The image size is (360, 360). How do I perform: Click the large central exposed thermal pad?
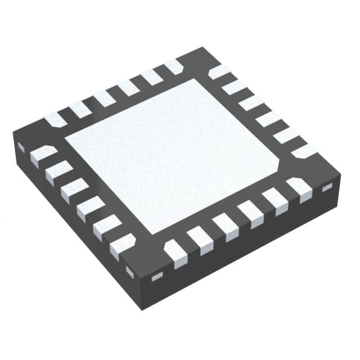coord(172,155)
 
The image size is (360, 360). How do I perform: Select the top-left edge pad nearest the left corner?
coord(55,119)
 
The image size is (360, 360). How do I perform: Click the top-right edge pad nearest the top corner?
coord(218,72)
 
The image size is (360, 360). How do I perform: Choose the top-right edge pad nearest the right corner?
coord(304,151)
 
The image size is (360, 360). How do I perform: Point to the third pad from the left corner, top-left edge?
coord(104,98)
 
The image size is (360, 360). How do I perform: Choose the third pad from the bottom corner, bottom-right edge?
coord(226,225)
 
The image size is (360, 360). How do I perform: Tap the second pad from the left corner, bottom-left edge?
coord(58,172)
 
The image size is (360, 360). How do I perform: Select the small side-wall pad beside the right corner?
coord(327,188)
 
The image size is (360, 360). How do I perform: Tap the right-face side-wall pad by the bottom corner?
coord(157,276)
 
